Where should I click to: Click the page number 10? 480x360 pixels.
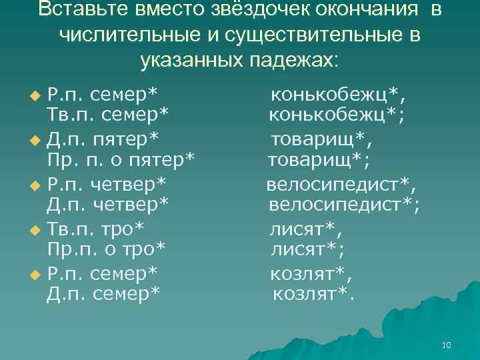(x=446, y=345)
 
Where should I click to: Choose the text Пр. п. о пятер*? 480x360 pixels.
(x=121, y=160)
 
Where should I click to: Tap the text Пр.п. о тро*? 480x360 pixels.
(x=107, y=249)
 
